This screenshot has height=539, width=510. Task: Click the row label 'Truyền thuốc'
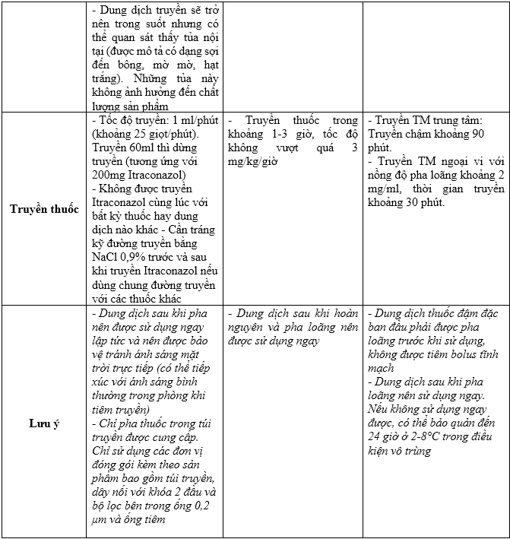coord(45,209)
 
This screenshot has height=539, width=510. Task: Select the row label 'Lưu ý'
coord(45,423)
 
